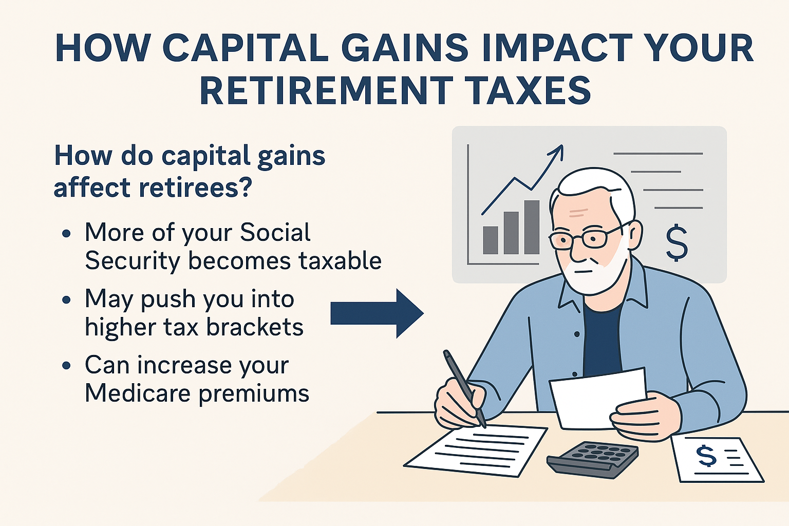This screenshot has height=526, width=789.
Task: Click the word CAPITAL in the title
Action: (x=246, y=48)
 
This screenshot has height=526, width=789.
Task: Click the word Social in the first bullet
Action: (x=275, y=233)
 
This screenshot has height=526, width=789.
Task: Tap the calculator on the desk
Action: (x=592, y=459)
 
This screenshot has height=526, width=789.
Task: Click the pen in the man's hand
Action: (x=464, y=388)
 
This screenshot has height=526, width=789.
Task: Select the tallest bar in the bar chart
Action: (x=532, y=227)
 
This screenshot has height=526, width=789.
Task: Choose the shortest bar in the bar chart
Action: (x=491, y=240)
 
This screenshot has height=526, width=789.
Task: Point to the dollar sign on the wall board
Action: (x=677, y=242)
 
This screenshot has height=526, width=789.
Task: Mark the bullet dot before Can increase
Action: (x=66, y=366)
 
